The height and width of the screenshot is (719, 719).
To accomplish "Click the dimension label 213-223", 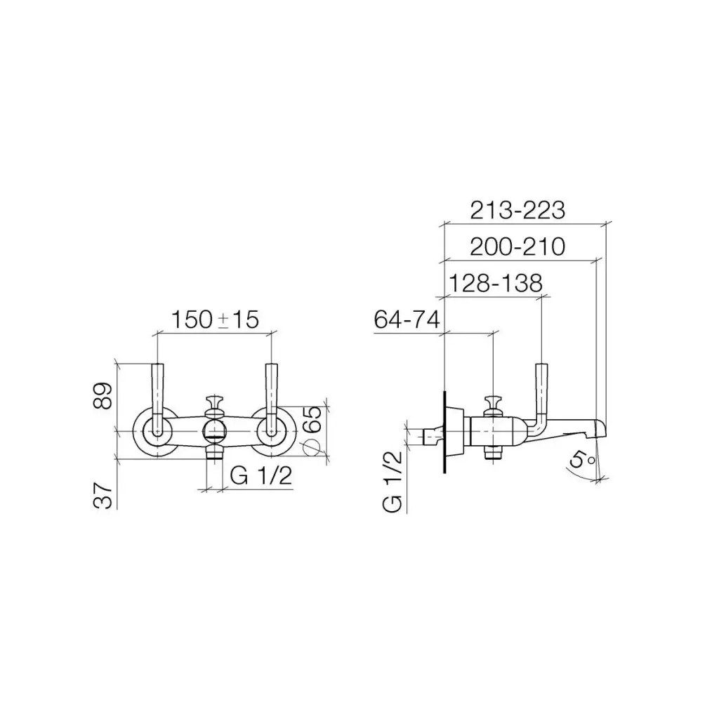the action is pos(517,211).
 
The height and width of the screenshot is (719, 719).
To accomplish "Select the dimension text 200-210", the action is pos(517,246).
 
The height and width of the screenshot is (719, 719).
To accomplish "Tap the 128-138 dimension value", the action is pos(495,283).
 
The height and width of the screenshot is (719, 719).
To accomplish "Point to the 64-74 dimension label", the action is pos(407,319).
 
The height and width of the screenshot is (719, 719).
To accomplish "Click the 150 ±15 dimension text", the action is pos(215,319).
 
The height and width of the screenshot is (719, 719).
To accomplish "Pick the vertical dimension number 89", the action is pos(103,396).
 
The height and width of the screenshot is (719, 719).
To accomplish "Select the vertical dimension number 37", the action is pos(103,495).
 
